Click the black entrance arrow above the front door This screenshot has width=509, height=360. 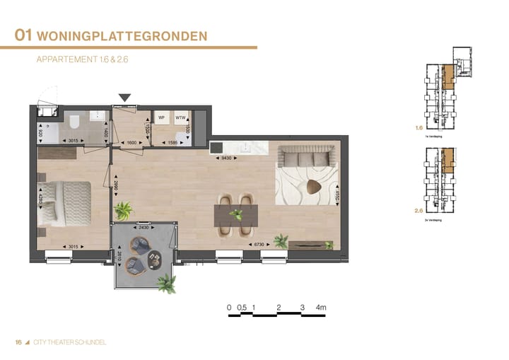pyautogui.click(x=125, y=98)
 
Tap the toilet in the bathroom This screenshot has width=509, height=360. pyautogui.click(x=74, y=122)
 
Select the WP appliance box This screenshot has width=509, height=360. pyautogui.click(x=162, y=117)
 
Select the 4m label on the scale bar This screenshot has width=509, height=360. pyautogui.click(x=322, y=308)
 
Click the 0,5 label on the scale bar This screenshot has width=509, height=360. pyautogui.click(x=242, y=308)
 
